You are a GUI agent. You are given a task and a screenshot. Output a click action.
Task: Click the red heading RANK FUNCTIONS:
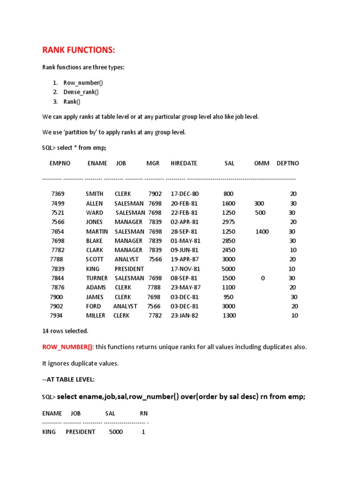pos(79,50)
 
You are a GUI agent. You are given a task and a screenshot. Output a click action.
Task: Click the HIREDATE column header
pos(184,164)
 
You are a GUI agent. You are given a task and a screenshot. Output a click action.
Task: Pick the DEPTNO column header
pos(287,164)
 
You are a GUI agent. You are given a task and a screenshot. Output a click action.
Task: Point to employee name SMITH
pos(95,194)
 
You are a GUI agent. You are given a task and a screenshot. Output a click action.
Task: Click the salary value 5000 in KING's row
pos(229,269)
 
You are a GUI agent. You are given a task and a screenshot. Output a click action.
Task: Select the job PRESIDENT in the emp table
pos(129,269)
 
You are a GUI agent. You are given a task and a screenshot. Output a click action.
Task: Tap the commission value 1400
pos(262,232)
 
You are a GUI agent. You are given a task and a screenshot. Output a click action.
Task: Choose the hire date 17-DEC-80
pos(185,194)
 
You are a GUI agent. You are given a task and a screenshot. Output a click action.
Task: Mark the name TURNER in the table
pos(97,278)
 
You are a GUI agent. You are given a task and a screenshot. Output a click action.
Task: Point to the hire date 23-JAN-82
pos(184,316)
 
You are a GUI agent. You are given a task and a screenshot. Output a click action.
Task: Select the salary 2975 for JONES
pos(228,222)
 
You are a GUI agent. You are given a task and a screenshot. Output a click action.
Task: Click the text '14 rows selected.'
pos(65,331)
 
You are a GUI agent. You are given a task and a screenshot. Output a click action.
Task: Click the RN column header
pos(143,413)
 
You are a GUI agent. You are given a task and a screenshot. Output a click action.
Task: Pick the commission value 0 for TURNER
pos(263,278)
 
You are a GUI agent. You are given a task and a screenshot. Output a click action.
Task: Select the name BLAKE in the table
pos(95,241)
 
